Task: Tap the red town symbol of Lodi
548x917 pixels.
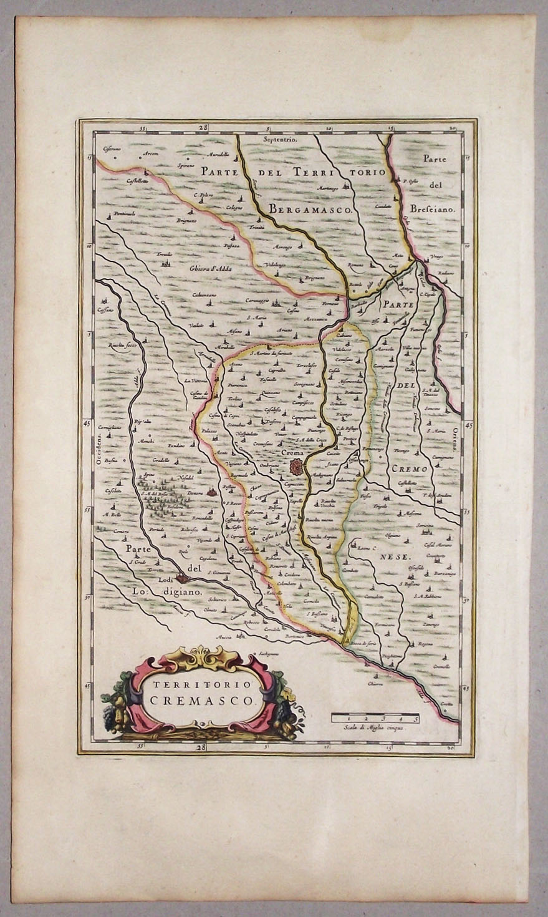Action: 182,578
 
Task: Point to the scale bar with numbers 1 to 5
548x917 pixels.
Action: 375,718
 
